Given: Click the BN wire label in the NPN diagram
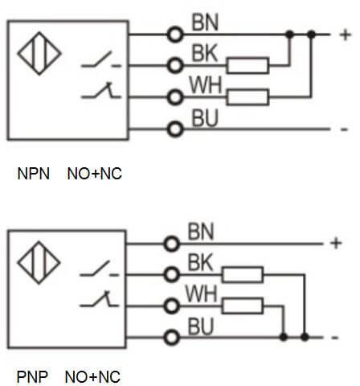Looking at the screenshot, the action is point(205,23).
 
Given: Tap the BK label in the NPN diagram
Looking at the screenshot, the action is point(205,53).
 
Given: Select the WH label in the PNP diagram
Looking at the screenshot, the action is point(201,294).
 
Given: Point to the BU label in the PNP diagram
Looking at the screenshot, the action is point(201,326).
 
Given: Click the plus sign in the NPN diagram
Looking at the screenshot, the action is point(346,35).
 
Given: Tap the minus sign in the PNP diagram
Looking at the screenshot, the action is point(335,338).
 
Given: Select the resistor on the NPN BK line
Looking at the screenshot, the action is point(247,65).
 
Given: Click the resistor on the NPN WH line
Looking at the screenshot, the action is point(247,96).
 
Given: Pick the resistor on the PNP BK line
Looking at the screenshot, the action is point(243,274).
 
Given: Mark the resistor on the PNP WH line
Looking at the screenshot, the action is point(243,306).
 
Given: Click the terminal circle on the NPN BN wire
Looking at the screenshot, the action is point(175,35).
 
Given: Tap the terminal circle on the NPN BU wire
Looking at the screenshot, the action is point(175,129).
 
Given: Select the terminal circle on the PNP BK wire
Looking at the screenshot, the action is point(171,275).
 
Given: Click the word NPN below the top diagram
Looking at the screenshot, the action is point(34,174).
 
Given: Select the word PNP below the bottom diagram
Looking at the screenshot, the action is point(32,376).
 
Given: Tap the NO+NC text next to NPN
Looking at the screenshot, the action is point(95,174).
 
